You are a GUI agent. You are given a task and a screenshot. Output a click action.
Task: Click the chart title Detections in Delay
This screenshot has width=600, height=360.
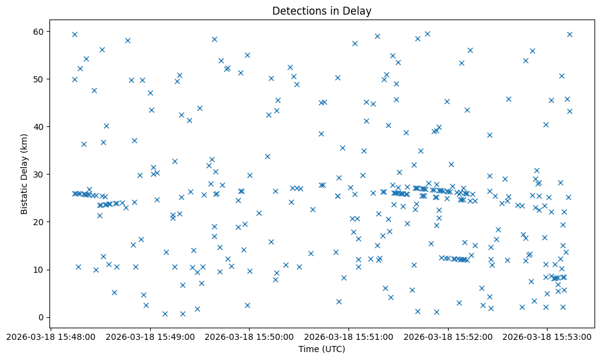[322, 11]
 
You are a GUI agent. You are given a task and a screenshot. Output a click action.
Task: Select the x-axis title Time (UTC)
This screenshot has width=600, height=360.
[322, 349]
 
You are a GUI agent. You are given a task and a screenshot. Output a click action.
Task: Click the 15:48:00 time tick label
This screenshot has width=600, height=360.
[52, 336]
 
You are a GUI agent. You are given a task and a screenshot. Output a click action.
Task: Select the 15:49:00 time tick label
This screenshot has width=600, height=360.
[151, 336]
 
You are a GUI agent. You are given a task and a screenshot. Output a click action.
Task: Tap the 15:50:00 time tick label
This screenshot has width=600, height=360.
[250, 336]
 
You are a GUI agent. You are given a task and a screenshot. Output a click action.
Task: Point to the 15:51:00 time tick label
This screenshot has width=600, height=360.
[349, 336]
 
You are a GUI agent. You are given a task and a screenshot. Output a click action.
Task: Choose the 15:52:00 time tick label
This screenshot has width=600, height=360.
[448, 336]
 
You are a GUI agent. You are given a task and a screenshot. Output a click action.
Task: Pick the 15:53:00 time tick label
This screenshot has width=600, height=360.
[547, 336]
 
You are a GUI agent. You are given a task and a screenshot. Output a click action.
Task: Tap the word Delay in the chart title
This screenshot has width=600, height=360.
[358, 11]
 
